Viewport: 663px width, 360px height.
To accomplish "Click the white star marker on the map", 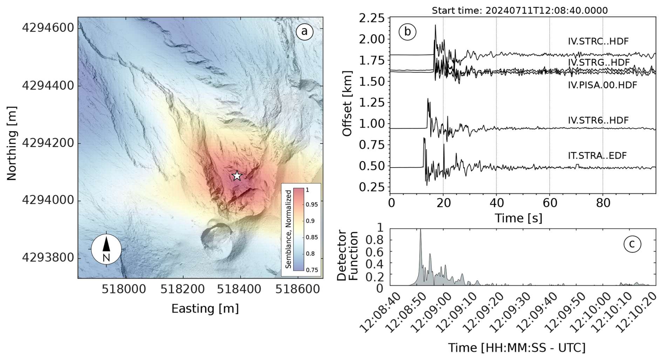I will click(x=237, y=176).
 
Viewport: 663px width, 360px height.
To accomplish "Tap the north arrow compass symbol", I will click(x=106, y=249).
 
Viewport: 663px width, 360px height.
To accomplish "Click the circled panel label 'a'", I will click(x=304, y=32).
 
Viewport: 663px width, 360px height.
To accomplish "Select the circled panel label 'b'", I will click(x=407, y=32).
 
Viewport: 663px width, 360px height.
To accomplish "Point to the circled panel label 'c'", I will click(x=632, y=244).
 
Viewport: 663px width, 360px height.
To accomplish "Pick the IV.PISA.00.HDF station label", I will click(x=602, y=85).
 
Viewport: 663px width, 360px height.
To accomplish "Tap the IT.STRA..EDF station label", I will click(x=597, y=156).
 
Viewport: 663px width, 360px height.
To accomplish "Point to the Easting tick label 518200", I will click(x=182, y=289).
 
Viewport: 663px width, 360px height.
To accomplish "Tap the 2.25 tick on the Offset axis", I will click(x=371, y=18).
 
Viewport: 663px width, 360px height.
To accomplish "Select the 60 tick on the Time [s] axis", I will click(x=549, y=203).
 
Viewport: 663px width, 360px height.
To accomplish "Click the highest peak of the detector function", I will click(x=421, y=230).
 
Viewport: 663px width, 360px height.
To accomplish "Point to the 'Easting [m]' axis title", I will click(x=205, y=308).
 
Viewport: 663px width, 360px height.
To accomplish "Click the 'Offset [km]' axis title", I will click(x=347, y=104).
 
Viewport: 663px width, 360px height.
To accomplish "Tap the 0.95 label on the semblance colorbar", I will click(x=312, y=204).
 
